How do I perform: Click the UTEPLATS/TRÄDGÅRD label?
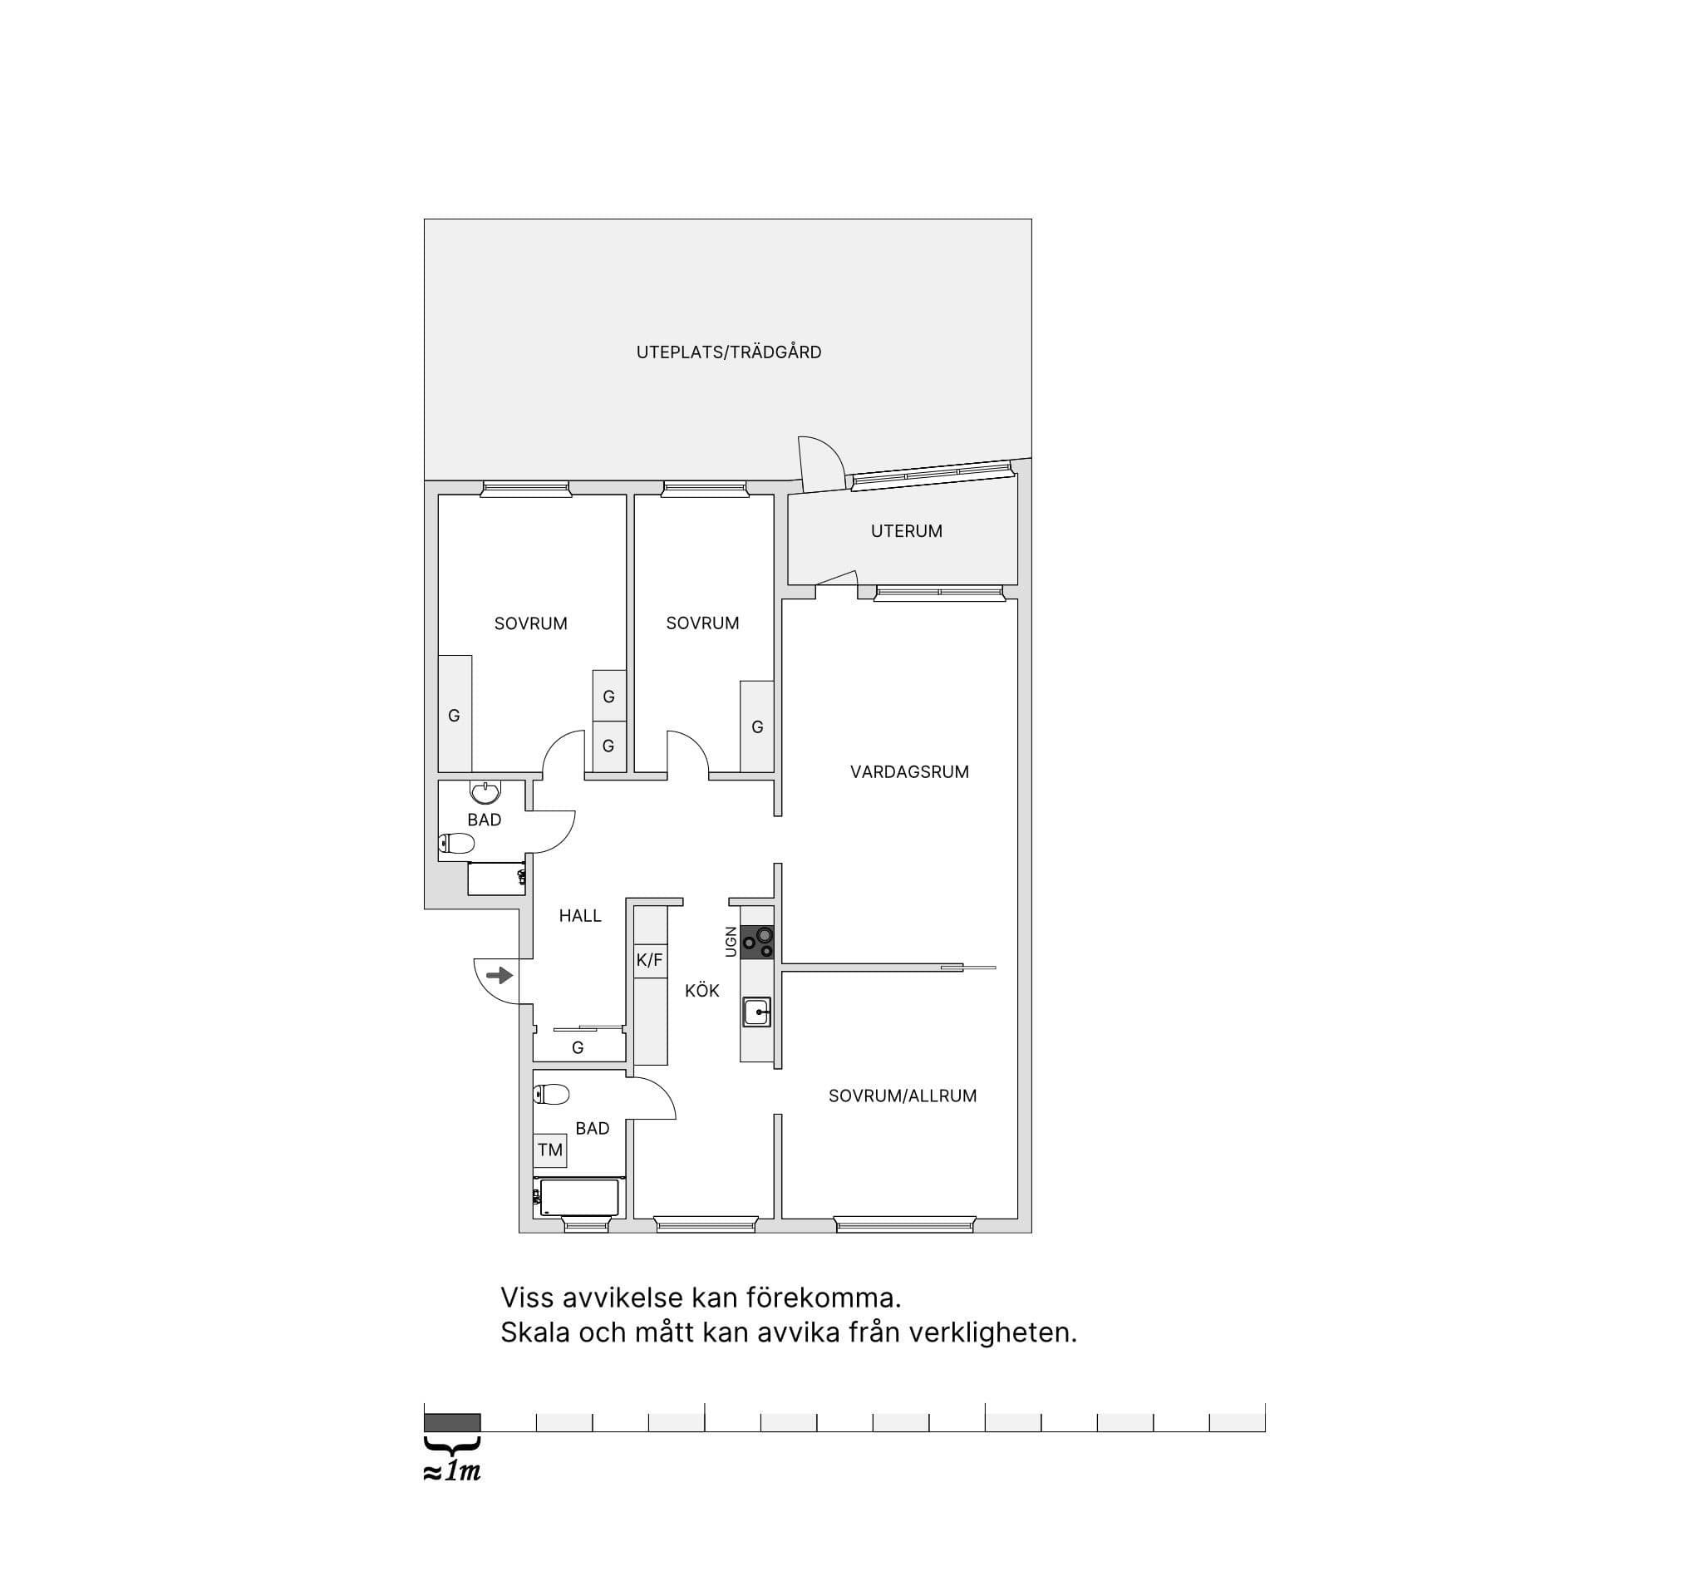click(729, 352)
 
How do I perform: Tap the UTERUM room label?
click(906, 532)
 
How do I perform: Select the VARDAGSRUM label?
click(909, 772)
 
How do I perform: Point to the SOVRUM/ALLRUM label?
click(903, 1096)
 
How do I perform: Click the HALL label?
click(580, 915)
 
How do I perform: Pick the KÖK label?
click(702, 990)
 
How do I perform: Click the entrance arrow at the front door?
click(500, 975)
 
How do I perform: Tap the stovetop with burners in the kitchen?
click(756, 943)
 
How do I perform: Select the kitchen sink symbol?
click(756, 1012)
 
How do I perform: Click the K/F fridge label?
click(650, 960)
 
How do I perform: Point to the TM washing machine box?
click(550, 1150)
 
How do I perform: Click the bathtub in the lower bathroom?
click(579, 1197)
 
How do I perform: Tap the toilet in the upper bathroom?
click(456, 843)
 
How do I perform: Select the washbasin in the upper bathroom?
click(485, 791)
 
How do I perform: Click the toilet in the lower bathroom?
click(551, 1095)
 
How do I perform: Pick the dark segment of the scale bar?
click(453, 1422)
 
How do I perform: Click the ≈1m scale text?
click(453, 1470)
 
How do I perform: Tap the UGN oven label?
click(731, 942)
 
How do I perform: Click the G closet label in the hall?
click(578, 1048)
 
